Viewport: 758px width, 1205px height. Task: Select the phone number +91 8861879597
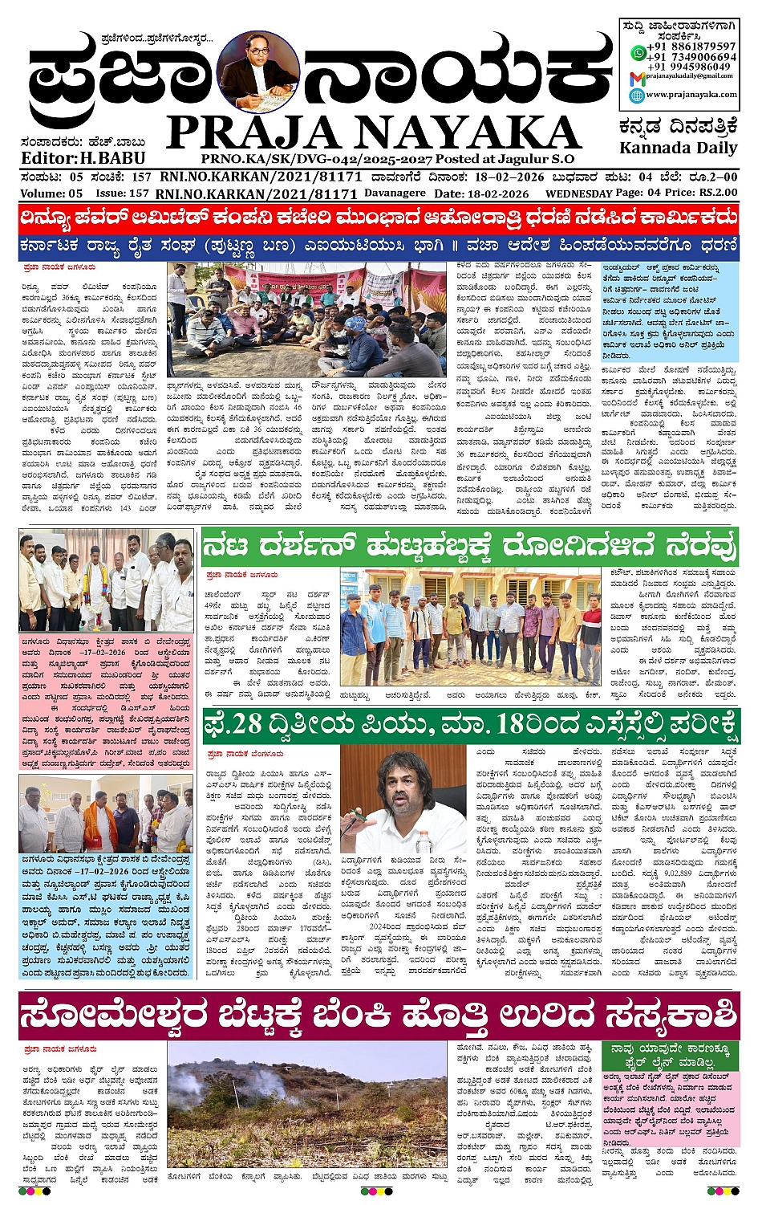pyautogui.click(x=692, y=47)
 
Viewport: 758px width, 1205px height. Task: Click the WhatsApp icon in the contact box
pyautogui.click(x=638, y=52)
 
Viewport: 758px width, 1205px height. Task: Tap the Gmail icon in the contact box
pyautogui.click(x=637, y=78)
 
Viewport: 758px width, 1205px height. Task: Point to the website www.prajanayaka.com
pyautogui.click(x=691, y=95)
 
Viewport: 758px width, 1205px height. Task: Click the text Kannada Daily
pyautogui.click(x=678, y=149)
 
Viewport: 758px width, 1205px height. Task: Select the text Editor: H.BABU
pyautogui.click(x=72, y=158)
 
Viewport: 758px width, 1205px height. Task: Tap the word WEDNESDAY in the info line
pyautogui.click(x=578, y=194)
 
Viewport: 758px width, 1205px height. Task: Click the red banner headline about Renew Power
pyautogui.click(x=379, y=218)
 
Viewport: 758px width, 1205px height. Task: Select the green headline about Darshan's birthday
pyautogui.click(x=470, y=547)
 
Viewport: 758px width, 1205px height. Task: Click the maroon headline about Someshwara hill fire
pyautogui.click(x=379, y=1016)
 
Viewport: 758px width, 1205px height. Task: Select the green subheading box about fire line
pyautogui.click(x=670, y=1056)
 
